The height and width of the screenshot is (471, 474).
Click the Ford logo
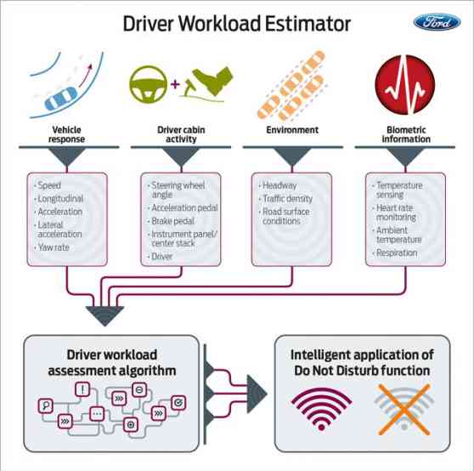click(437, 23)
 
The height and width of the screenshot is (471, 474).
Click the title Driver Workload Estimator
click(237, 23)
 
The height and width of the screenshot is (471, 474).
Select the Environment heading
click(291, 131)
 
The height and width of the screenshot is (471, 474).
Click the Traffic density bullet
click(287, 198)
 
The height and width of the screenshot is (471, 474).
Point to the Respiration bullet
click(397, 253)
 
